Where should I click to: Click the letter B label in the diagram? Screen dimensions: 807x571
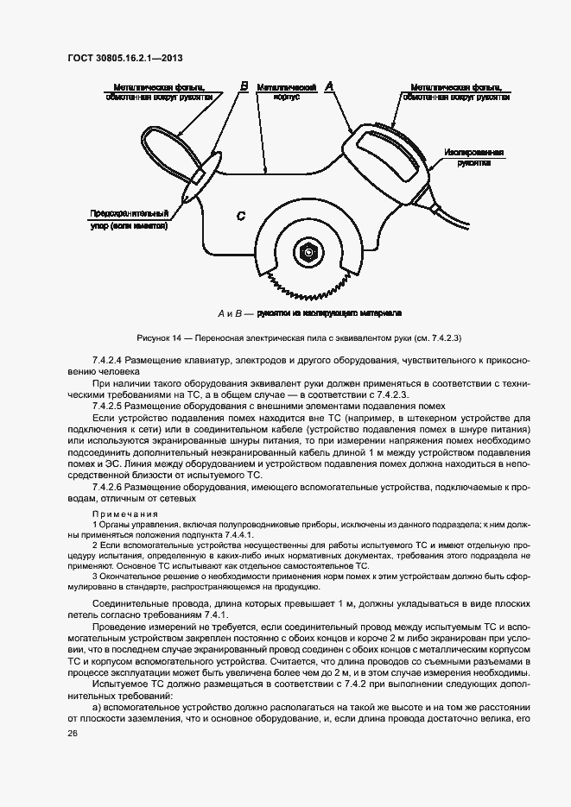click(x=244, y=86)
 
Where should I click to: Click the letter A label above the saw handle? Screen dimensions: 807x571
click(x=328, y=86)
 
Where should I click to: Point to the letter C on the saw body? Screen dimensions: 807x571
click(x=241, y=216)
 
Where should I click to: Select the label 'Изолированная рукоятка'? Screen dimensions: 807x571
click(x=474, y=156)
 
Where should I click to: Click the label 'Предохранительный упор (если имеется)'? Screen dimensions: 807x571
click(x=127, y=219)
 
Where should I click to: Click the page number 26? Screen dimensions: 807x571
click(x=73, y=732)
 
